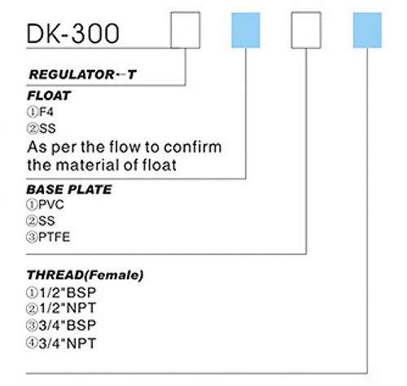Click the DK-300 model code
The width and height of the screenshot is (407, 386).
pos(72,33)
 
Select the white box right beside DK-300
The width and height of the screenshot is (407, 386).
pos(186,30)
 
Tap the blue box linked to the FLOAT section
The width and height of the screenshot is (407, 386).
pos(246,30)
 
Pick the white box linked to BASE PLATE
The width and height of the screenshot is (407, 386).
pos(306,30)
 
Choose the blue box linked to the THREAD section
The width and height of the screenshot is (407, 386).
pos(367,30)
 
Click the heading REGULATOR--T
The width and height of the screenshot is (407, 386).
pos(82,75)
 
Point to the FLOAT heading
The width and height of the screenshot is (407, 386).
pos(49,95)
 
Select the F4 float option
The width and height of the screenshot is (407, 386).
pos(40,112)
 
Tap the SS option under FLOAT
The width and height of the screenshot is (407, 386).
pos(42,129)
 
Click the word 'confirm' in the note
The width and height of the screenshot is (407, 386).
pos(193,147)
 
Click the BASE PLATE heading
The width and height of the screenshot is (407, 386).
pos(69,190)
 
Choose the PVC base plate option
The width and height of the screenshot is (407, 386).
pos(45,204)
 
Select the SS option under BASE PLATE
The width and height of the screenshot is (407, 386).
pos(41,221)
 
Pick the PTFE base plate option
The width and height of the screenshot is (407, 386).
pos(48,237)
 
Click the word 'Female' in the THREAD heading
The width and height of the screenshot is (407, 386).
pos(114,275)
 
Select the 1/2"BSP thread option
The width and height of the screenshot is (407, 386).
pos(61,292)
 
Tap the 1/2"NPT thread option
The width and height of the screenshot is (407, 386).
pos(61,308)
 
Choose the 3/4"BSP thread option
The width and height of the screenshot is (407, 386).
pos(61,326)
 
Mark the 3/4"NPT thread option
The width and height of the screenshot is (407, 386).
pos(61,344)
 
